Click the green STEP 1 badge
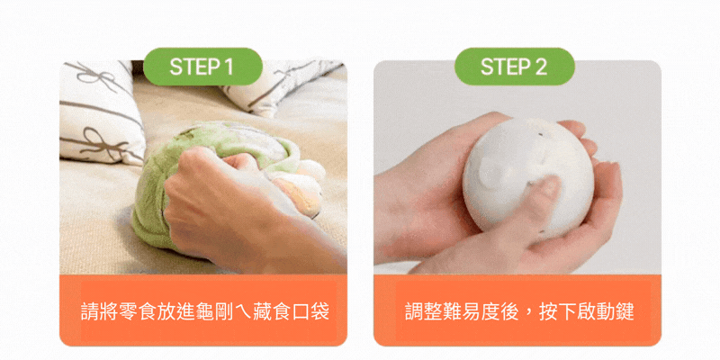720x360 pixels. (x=202, y=67)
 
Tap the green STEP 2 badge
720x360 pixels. (x=514, y=67)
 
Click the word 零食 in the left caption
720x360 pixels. (x=138, y=310)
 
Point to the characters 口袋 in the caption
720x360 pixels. (x=310, y=310)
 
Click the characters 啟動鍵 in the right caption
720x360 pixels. (x=606, y=310)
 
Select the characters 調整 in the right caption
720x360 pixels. (x=423, y=310)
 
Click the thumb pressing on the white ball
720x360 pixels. (x=544, y=193)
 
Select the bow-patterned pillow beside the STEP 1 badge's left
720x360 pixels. (x=99, y=112)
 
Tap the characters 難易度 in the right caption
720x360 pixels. (x=471, y=310)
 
